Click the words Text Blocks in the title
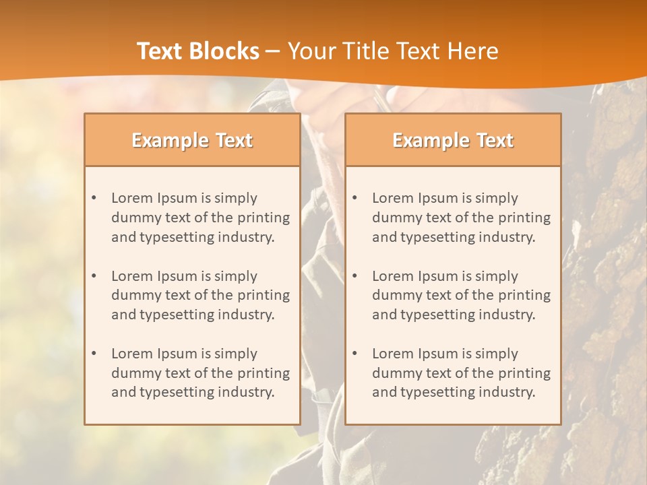(x=198, y=51)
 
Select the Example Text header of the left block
(x=192, y=140)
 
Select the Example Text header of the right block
(x=453, y=140)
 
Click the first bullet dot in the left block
(x=94, y=198)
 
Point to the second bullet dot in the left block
(x=94, y=276)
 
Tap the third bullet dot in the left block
(x=94, y=354)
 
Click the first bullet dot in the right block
(x=355, y=198)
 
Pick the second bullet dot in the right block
(x=355, y=276)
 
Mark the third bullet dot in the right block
(x=355, y=354)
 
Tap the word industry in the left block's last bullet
(x=246, y=392)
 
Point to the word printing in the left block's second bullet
(x=263, y=295)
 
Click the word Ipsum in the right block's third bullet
(x=438, y=354)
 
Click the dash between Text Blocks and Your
(x=273, y=51)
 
